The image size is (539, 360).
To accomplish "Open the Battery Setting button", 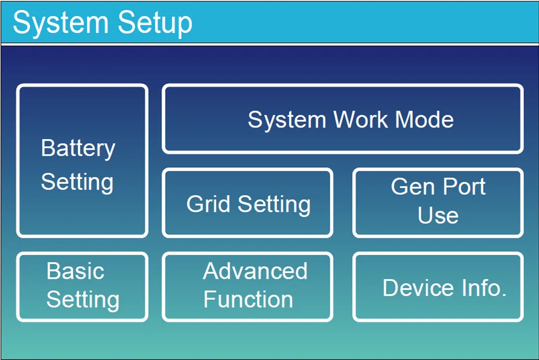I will (x=82, y=161).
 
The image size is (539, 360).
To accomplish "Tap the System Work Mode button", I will (x=342, y=119).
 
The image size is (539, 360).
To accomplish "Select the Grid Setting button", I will (x=247, y=203).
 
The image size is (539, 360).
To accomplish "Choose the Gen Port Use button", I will (x=438, y=202).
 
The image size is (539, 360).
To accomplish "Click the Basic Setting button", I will (x=82, y=287).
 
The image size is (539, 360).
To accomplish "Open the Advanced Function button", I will (x=247, y=287).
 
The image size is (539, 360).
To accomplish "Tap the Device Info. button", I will (x=438, y=287).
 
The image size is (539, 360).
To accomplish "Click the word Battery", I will (x=78, y=148).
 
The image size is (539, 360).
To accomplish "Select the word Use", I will (x=438, y=215).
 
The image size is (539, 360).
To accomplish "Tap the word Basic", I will (x=75, y=271).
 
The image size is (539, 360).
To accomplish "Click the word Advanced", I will (x=255, y=271).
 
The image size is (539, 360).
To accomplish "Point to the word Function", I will (x=248, y=300).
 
